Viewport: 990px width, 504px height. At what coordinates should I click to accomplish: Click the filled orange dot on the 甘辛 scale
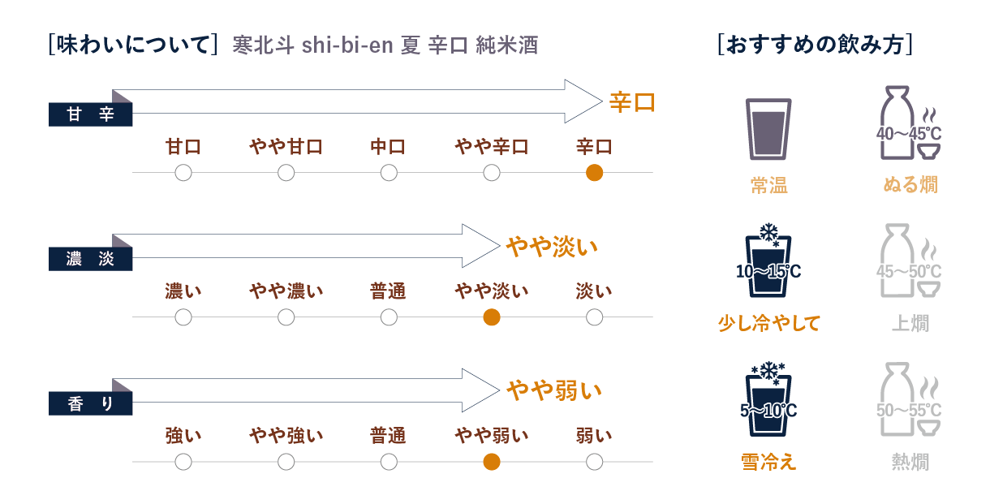pos(594,173)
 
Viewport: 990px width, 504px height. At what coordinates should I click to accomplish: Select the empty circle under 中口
pos(389,173)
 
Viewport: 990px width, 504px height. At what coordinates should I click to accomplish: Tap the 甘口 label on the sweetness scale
pos(183,147)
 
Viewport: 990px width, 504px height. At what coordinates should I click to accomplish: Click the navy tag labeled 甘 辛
pos(90,115)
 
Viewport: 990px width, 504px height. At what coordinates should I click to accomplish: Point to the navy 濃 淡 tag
pos(90,260)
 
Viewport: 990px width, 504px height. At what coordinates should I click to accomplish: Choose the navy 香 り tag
pos(90,403)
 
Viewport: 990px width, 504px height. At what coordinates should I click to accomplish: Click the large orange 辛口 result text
pos(632,102)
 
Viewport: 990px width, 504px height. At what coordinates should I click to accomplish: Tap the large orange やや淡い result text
pos(552,246)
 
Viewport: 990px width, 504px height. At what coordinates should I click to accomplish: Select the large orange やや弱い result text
pos(554,390)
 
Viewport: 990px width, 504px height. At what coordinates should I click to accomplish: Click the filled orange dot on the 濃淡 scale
pos(491,317)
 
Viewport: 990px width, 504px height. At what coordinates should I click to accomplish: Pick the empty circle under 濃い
pos(183,317)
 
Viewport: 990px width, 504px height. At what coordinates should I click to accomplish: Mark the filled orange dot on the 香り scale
pos(491,462)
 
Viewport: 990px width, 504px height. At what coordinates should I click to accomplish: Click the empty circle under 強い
pos(183,462)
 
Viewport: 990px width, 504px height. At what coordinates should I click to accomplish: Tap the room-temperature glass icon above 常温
pos(768,129)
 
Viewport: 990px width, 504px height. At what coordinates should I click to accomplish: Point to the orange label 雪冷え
pos(768,462)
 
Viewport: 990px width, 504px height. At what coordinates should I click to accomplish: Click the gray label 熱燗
pos(910,462)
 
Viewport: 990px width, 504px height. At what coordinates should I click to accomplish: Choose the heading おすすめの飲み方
pos(816,44)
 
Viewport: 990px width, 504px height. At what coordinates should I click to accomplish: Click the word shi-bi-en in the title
pos(348,45)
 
